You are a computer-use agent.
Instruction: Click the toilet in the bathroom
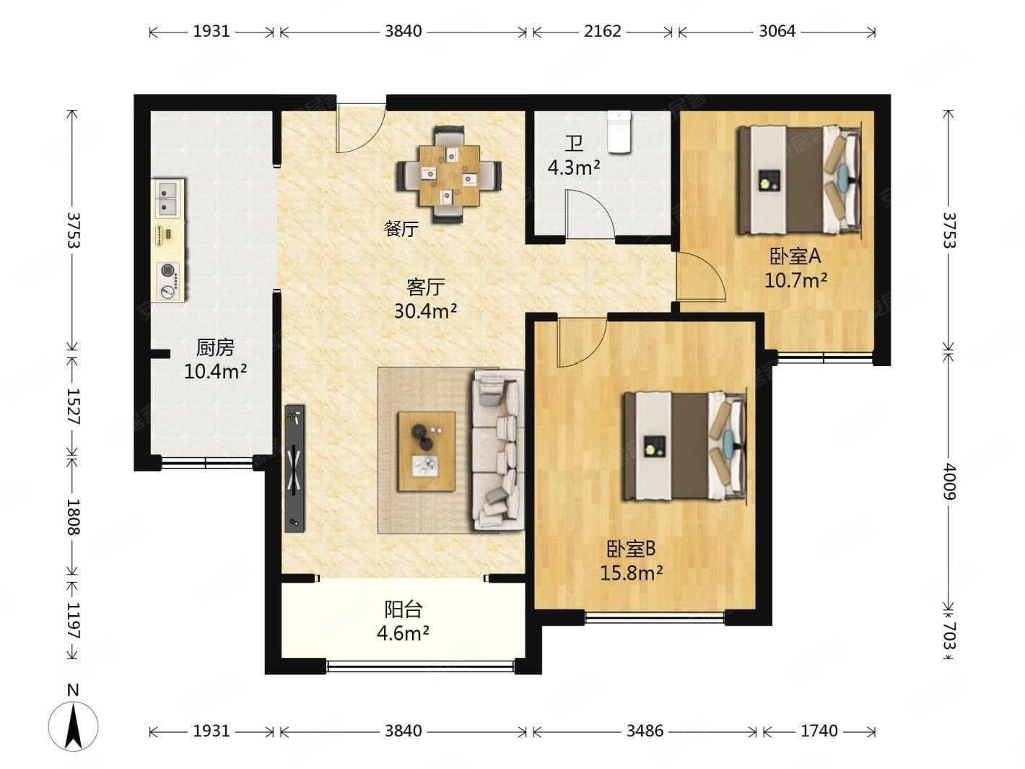pyautogui.click(x=619, y=131)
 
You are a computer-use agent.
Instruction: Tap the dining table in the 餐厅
pyautogui.click(x=449, y=175)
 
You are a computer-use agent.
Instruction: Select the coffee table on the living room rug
pyautogui.click(x=427, y=451)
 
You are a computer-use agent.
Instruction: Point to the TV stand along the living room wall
pyautogui.click(x=295, y=468)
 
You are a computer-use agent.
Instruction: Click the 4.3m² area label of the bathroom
pyautogui.click(x=574, y=167)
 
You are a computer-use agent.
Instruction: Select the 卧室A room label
pyautogui.click(x=795, y=256)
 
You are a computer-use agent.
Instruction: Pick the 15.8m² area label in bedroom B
pyautogui.click(x=632, y=573)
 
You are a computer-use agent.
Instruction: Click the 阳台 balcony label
pyautogui.click(x=404, y=609)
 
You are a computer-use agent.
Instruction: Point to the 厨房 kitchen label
pyautogui.click(x=215, y=348)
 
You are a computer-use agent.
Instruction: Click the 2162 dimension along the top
pyautogui.click(x=603, y=31)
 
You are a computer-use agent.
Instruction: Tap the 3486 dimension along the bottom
pyautogui.click(x=645, y=731)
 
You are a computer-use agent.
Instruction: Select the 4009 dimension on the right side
pyautogui.click(x=948, y=482)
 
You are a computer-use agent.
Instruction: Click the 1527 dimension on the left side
pyautogui.click(x=73, y=407)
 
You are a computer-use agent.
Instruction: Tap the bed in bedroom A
pyautogui.click(x=799, y=179)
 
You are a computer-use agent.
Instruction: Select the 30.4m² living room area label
pyautogui.click(x=425, y=310)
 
